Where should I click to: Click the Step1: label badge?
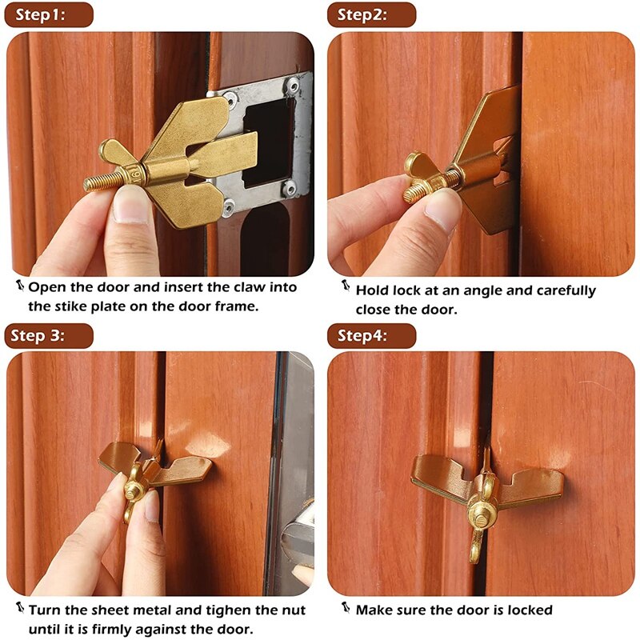[49, 14]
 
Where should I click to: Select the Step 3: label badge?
[49, 335]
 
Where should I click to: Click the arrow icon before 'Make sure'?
[346, 609]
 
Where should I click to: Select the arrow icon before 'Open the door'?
[19, 285]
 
